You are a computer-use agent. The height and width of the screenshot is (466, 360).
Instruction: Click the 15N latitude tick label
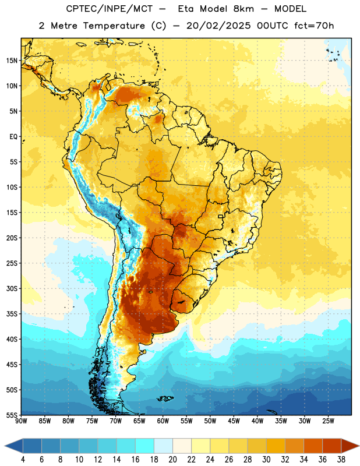click(x=12, y=61)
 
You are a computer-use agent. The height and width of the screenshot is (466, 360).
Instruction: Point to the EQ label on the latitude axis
click(x=13, y=137)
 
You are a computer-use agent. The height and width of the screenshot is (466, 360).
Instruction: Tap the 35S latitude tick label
click(x=12, y=314)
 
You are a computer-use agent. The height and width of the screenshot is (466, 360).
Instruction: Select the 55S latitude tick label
click(x=12, y=415)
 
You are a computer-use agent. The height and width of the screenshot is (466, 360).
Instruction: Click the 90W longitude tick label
click(x=21, y=421)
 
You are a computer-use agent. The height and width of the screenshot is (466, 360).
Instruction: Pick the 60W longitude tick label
click(x=163, y=421)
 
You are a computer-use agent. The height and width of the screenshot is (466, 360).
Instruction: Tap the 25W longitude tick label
click(x=328, y=421)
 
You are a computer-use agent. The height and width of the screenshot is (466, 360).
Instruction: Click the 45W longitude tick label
click(x=234, y=421)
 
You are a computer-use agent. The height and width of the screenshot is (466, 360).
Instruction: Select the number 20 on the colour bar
click(x=172, y=460)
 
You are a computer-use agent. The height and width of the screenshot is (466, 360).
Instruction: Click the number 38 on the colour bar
click(x=341, y=460)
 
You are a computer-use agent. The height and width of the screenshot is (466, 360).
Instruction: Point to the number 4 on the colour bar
click(x=23, y=460)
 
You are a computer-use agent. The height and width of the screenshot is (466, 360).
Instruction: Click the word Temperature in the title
click(x=114, y=26)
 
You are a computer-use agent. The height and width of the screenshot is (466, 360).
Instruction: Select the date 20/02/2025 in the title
click(x=218, y=26)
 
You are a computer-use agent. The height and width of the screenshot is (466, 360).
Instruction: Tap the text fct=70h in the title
click(x=314, y=26)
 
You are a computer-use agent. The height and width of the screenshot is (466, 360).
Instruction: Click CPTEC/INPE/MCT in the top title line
click(x=110, y=9)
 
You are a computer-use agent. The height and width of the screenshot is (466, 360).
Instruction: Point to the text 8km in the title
click(x=243, y=9)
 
